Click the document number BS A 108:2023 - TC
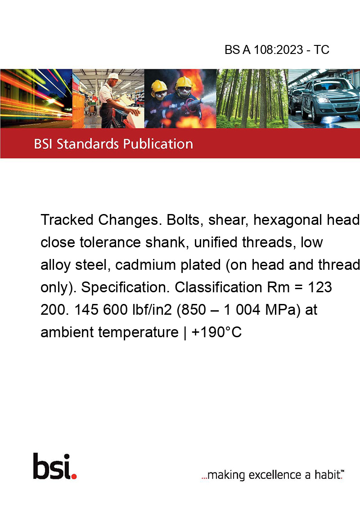277,49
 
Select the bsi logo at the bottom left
55,466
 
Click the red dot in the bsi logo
74,477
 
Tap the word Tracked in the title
67,220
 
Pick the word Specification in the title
126,287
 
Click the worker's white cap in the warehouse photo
114,76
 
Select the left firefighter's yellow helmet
159,86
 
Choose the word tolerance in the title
110,242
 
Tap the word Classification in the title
218,287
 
